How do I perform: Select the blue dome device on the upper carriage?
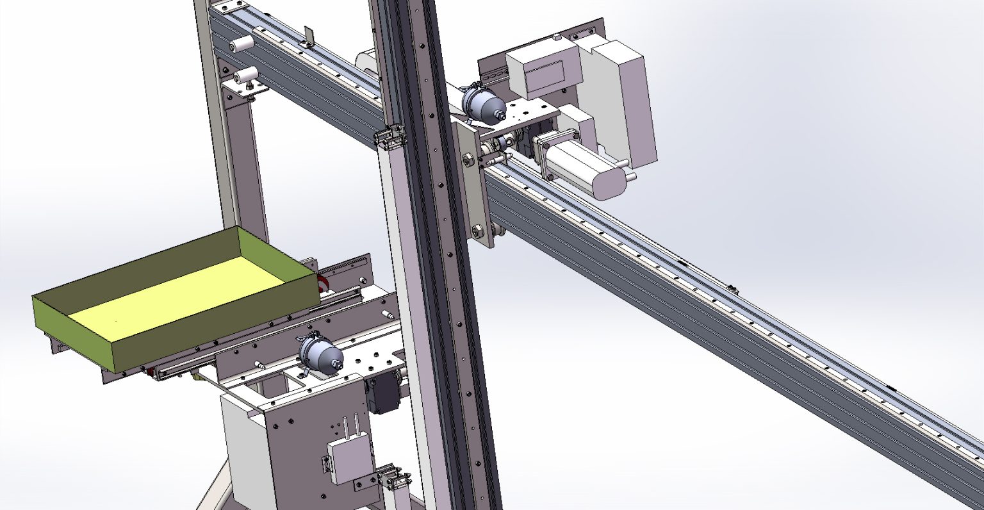point(482,104)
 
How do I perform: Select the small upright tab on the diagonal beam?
point(308,36)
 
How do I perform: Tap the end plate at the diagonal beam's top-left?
point(229,8)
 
